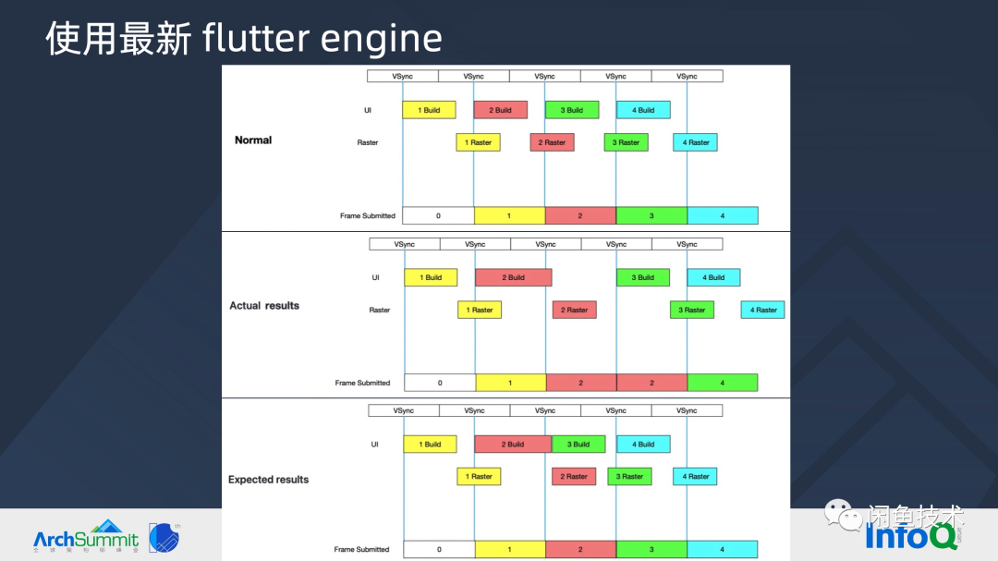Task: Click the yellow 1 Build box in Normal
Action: pos(429,110)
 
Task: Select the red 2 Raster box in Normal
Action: pos(552,142)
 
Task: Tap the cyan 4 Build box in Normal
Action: pos(643,110)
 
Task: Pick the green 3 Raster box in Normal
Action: pos(626,142)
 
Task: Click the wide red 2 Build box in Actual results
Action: pos(513,277)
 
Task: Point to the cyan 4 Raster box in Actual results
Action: pos(762,310)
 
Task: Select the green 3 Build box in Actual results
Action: pos(642,277)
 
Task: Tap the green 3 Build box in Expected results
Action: pos(578,444)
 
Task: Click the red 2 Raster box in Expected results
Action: pos(574,476)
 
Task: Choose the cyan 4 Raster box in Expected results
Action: pos(695,476)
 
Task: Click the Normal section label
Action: pos(253,140)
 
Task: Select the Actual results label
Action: pos(264,305)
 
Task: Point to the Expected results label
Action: pos(268,480)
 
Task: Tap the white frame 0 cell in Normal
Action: pos(438,215)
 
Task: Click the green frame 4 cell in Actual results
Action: pos(722,383)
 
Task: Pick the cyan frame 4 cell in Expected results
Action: pos(722,549)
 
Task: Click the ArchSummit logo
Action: pos(85,538)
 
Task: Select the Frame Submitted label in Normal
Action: pos(367,215)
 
